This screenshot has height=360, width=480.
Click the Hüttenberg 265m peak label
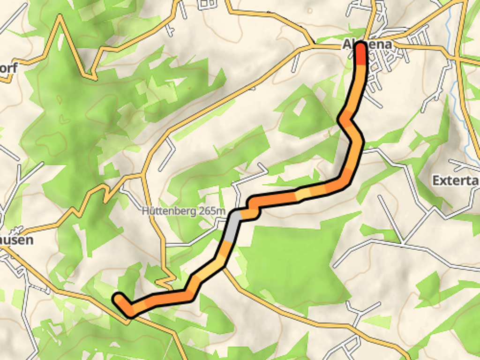[x=183, y=211]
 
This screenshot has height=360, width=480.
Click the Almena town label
[x=368, y=45]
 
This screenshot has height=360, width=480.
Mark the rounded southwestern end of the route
[x=119, y=298]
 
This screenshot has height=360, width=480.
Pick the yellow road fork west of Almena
[x=313, y=45]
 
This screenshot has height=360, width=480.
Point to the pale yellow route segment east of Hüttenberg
[x=305, y=194]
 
